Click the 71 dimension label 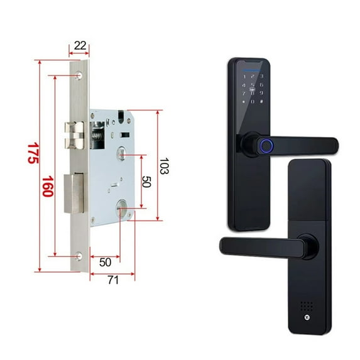tap(113, 280)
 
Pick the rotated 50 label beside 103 tap(146, 182)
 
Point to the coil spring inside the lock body tap(98, 134)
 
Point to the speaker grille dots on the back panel tap(307, 307)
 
